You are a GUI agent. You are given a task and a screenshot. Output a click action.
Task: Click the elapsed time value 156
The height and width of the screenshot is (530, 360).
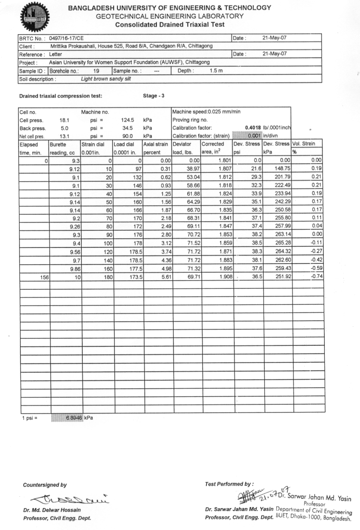[x=40, y=276]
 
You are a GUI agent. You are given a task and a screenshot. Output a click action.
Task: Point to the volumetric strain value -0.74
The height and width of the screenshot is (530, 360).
[x=315, y=276]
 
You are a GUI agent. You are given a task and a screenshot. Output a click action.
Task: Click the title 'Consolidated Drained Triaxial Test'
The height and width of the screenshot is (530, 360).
[x=170, y=24]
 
